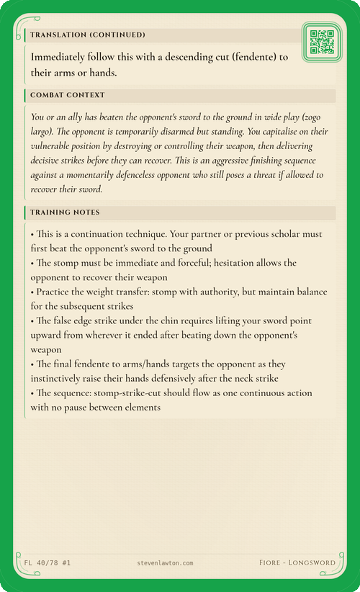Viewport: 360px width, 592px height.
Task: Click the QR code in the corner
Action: (x=321, y=42)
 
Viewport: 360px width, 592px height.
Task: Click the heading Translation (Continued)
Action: (x=87, y=35)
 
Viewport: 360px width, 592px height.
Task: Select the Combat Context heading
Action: (x=68, y=95)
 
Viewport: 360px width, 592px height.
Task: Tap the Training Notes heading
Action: (x=65, y=212)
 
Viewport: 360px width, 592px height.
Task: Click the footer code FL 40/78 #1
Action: (x=48, y=562)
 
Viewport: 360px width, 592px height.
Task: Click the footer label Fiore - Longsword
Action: (x=297, y=562)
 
